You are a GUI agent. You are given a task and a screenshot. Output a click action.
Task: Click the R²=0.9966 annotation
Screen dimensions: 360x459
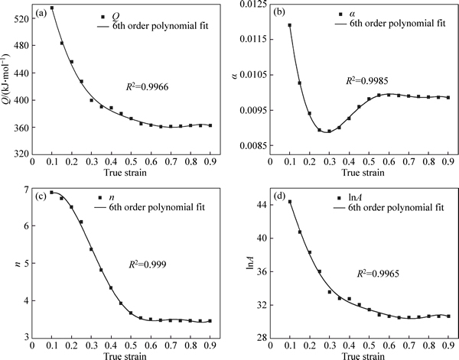(x=147, y=86)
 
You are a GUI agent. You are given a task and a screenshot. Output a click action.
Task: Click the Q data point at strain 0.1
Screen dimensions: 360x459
(x=52, y=8)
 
